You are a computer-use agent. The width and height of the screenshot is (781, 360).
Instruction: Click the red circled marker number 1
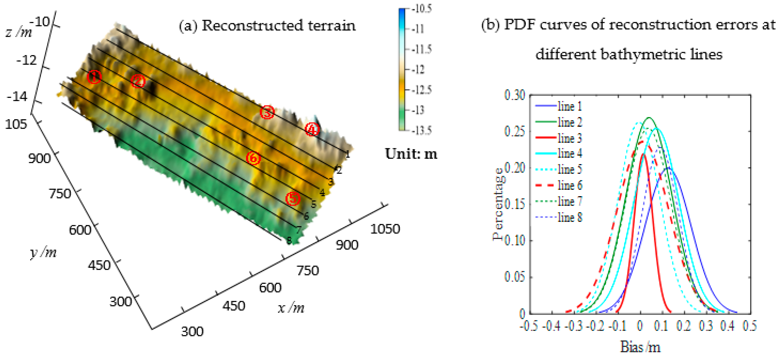pyautogui.click(x=94, y=77)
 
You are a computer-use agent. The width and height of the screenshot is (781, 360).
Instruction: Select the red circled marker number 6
pyautogui.click(x=253, y=158)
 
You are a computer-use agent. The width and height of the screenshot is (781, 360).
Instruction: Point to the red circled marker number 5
pyautogui.click(x=293, y=199)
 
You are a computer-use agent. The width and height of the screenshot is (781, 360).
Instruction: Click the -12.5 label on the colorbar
pyautogui.click(x=421, y=90)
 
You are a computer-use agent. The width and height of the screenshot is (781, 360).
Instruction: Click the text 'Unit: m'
pyautogui.click(x=411, y=154)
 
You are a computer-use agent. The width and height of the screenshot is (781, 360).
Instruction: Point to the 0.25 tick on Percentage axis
pyautogui.click(x=515, y=131)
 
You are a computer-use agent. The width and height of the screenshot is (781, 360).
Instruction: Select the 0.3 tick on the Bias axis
pyautogui.click(x=706, y=325)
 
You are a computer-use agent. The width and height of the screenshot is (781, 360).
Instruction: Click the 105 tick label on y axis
pyautogui.click(x=16, y=124)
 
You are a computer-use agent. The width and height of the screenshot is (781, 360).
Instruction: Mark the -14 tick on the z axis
pyautogui.click(x=17, y=97)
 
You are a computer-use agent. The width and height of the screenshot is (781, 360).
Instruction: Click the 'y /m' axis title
pyautogui.click(x=43, y=252)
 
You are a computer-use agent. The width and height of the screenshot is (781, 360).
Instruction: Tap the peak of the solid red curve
pyautogui.click(x=643, y=154)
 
